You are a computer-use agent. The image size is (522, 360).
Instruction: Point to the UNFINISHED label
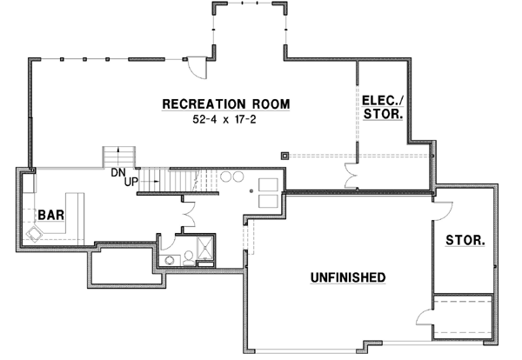[x=348, y=277]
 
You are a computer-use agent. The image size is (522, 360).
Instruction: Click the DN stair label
[x=118, y=171]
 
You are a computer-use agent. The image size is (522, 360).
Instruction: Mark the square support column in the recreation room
[x=284, y=157]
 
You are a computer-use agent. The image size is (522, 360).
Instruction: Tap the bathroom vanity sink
[x=188, y=257]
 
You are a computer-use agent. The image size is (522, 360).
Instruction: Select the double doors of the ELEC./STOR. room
[x=351, y=174]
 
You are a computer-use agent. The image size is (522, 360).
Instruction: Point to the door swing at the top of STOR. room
[x=443, y=210]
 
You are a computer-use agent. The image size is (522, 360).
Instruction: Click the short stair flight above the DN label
[x=114, y=157]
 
